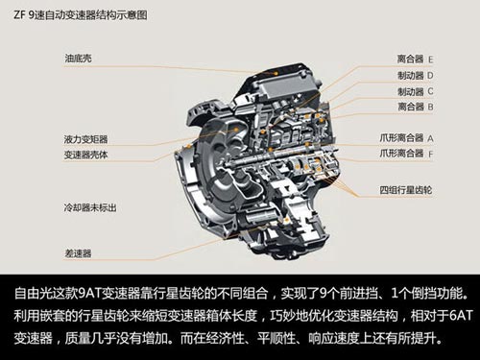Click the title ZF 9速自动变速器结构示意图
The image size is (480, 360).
coord(80,15)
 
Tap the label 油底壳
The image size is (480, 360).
coord(78,59)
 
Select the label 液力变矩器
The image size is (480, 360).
coord(85,139)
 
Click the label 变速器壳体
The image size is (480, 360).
coord(85,155)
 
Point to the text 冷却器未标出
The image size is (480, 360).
coord(90,207)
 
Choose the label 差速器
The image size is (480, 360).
coord(78,253)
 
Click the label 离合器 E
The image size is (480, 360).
coord(416,59)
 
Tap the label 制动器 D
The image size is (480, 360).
coord(416,76)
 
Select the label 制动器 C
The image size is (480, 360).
coord(416,91)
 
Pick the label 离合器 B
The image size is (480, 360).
coord(416,107)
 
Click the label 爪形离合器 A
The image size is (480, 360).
coord(406,138)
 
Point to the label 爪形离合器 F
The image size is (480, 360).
coord(406,154)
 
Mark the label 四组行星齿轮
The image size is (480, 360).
coord(406,190)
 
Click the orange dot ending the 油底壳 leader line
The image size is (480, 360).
coord(276,73)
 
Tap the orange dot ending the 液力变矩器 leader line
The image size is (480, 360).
coord(237,130)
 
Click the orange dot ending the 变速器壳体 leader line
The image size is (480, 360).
coord(188,146)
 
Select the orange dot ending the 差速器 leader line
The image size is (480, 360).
coord(286,220)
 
